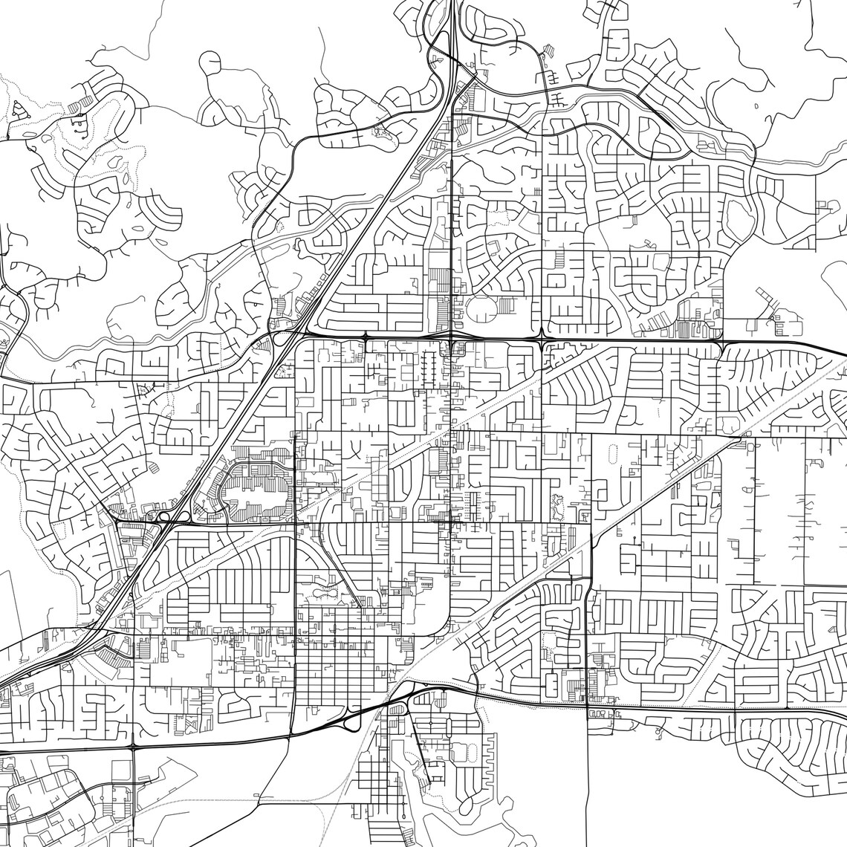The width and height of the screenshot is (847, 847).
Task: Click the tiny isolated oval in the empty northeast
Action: [756, 106]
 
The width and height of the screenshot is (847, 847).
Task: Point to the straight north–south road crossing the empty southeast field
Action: [588, 788]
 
